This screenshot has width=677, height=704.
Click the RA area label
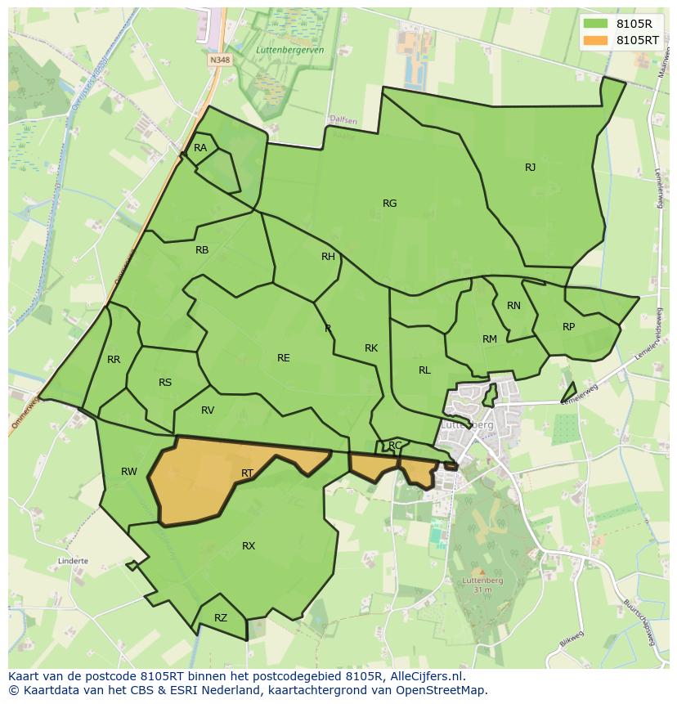coord(200,148)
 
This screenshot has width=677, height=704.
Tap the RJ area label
coord(531,168)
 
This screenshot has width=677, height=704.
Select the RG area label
coord(390,204)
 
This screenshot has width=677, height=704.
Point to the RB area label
coord(202,250)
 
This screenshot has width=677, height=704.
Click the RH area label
coord(328,257)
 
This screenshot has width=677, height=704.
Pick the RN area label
coord(513,306)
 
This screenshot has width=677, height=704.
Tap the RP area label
coord(569,327)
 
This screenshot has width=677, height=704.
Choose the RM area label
coord(490,339)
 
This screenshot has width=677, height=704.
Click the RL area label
coord(424,370)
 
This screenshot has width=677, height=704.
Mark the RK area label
coord(371,348)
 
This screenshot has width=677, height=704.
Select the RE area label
coord(284,358)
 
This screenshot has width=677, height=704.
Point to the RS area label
coord(165,383)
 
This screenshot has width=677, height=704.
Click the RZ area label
coord(221,618)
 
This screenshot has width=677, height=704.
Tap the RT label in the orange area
coord(248,473)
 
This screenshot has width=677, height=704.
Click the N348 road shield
coord(218,60)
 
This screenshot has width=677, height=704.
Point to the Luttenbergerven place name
coord(290,51)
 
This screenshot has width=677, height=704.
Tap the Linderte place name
coord(74,562)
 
